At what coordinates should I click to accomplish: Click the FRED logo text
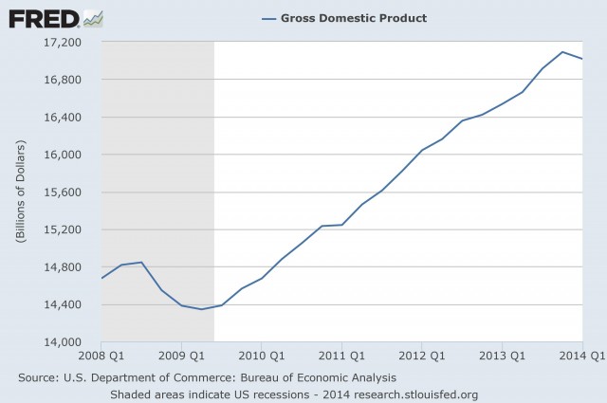click(43, 18)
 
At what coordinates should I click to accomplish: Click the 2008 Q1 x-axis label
click(101, 357)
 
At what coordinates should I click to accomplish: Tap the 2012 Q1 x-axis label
click(422, 357)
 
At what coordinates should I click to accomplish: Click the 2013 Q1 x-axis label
click(503, 357)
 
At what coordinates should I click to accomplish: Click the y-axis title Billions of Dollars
click(20, 192)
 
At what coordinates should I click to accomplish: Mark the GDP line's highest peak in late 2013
click(562, 51)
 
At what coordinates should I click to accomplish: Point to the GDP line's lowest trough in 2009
click(201, 309)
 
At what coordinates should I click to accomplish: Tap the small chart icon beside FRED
click(93, 18)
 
